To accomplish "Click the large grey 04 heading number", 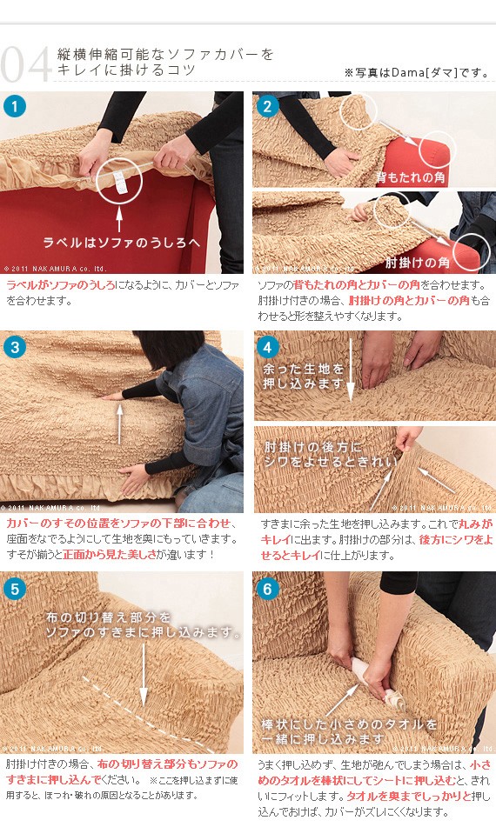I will pyautogui.click(x=26, y=64).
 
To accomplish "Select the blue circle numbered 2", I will pyautogui.click(x=267, y=107).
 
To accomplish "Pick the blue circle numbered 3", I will pyautogui.click(x=15, y=347).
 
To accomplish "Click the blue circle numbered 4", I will pyautogui.click(x=268, y=347).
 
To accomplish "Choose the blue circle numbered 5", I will pyautogui.click(x=15, y=589).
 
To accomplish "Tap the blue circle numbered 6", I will pyautogui.click(x=268, y=589).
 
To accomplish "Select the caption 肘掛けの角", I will pyautogui.click(x=419, y=262).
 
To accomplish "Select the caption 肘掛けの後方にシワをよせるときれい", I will pyautogui.click(x=324, y=454).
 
